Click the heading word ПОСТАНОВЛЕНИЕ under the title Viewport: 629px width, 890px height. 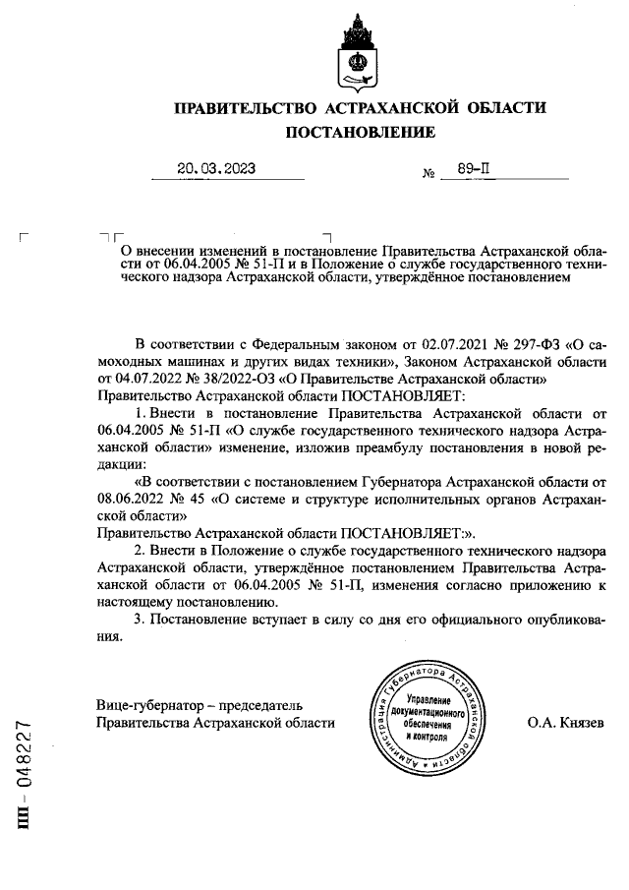[359, 132]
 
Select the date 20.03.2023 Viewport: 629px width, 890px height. [215, 169]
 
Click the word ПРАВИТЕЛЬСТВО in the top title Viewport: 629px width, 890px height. [243, 107]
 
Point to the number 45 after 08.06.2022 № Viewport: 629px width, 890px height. [200, 499]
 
